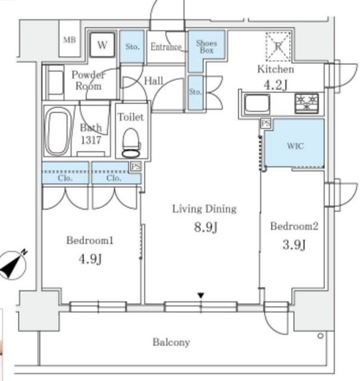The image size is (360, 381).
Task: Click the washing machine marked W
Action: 102,45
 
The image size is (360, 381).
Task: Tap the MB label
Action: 70,40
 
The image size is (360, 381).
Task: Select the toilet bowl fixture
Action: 131,143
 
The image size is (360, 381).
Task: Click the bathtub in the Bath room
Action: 58,131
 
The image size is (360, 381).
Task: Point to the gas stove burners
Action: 306,103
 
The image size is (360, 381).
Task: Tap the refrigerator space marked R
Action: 278,46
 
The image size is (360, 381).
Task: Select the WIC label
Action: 295,146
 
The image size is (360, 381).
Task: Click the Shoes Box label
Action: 206,46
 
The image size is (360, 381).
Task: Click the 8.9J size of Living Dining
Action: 206,227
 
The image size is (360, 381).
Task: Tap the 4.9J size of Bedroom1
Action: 90,259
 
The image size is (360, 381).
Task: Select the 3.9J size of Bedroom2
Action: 294,245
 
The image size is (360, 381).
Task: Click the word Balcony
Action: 171,342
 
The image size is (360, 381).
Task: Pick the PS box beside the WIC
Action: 266,123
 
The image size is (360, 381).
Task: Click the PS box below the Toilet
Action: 136,167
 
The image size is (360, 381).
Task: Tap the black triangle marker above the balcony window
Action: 201,296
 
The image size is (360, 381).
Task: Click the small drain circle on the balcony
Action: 321,336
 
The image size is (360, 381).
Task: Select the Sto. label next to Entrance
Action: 132,46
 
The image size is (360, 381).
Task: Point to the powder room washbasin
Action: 55,82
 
